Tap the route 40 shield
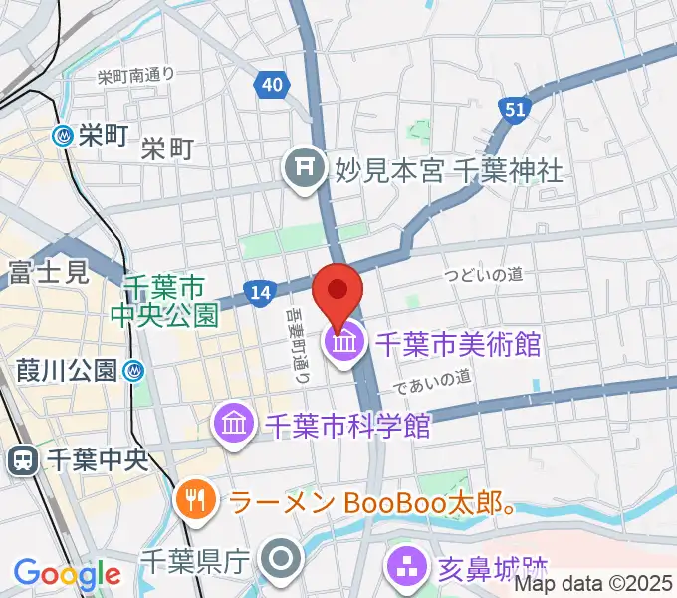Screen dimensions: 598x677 272,85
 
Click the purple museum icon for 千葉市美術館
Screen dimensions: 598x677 343,345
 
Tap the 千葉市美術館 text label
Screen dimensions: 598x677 457,345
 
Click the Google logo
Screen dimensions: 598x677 67,575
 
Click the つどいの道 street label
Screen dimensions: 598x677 484,274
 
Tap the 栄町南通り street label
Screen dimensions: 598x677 136,75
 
